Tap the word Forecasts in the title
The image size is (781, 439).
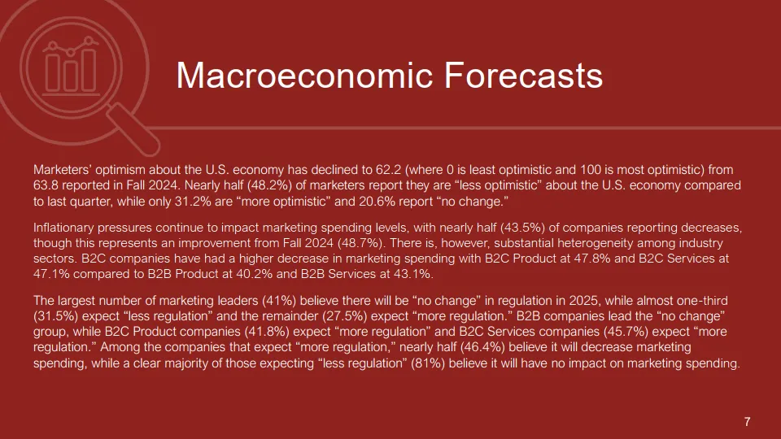523,75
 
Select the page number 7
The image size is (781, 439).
747,422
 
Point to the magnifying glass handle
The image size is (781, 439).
134,129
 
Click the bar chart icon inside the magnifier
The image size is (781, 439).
71,67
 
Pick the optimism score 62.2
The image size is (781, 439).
388,170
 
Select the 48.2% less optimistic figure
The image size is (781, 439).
269,185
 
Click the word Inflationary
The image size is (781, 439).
63,228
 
